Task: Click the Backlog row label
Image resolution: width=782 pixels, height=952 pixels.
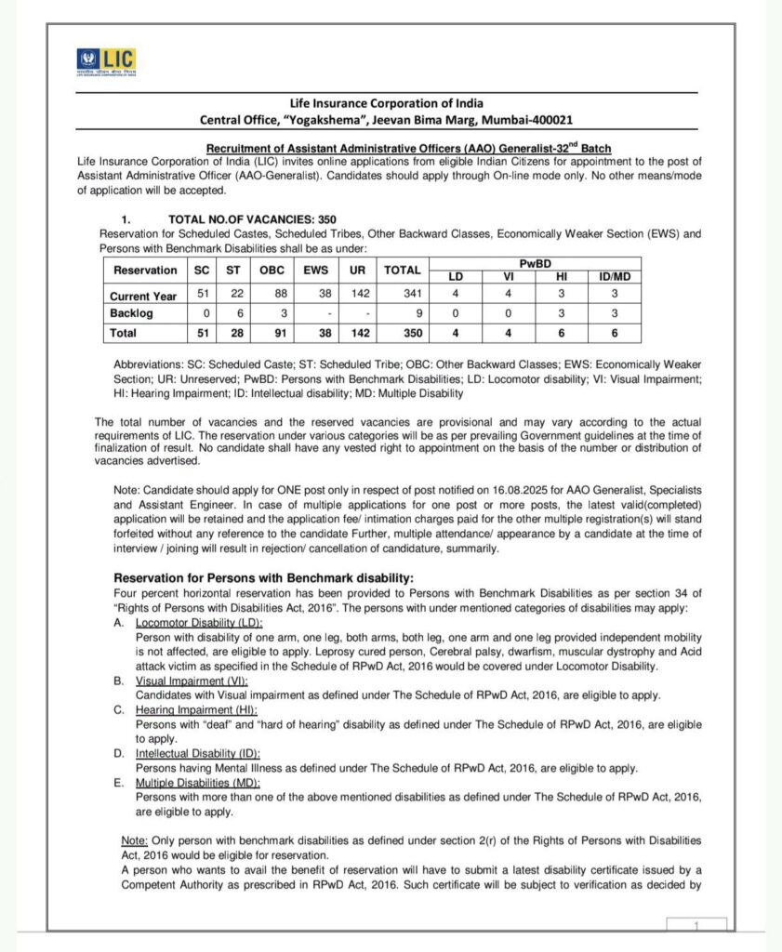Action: [134, 313]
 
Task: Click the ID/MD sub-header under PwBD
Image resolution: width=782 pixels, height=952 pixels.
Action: [615, 276]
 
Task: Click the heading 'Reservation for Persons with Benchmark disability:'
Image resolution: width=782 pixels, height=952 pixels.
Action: [263, 578]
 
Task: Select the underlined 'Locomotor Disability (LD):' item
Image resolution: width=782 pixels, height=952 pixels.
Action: [199, 622]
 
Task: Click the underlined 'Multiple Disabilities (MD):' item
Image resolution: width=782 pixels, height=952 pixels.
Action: [198, 783]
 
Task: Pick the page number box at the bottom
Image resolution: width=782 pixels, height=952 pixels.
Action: [696, 925]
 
